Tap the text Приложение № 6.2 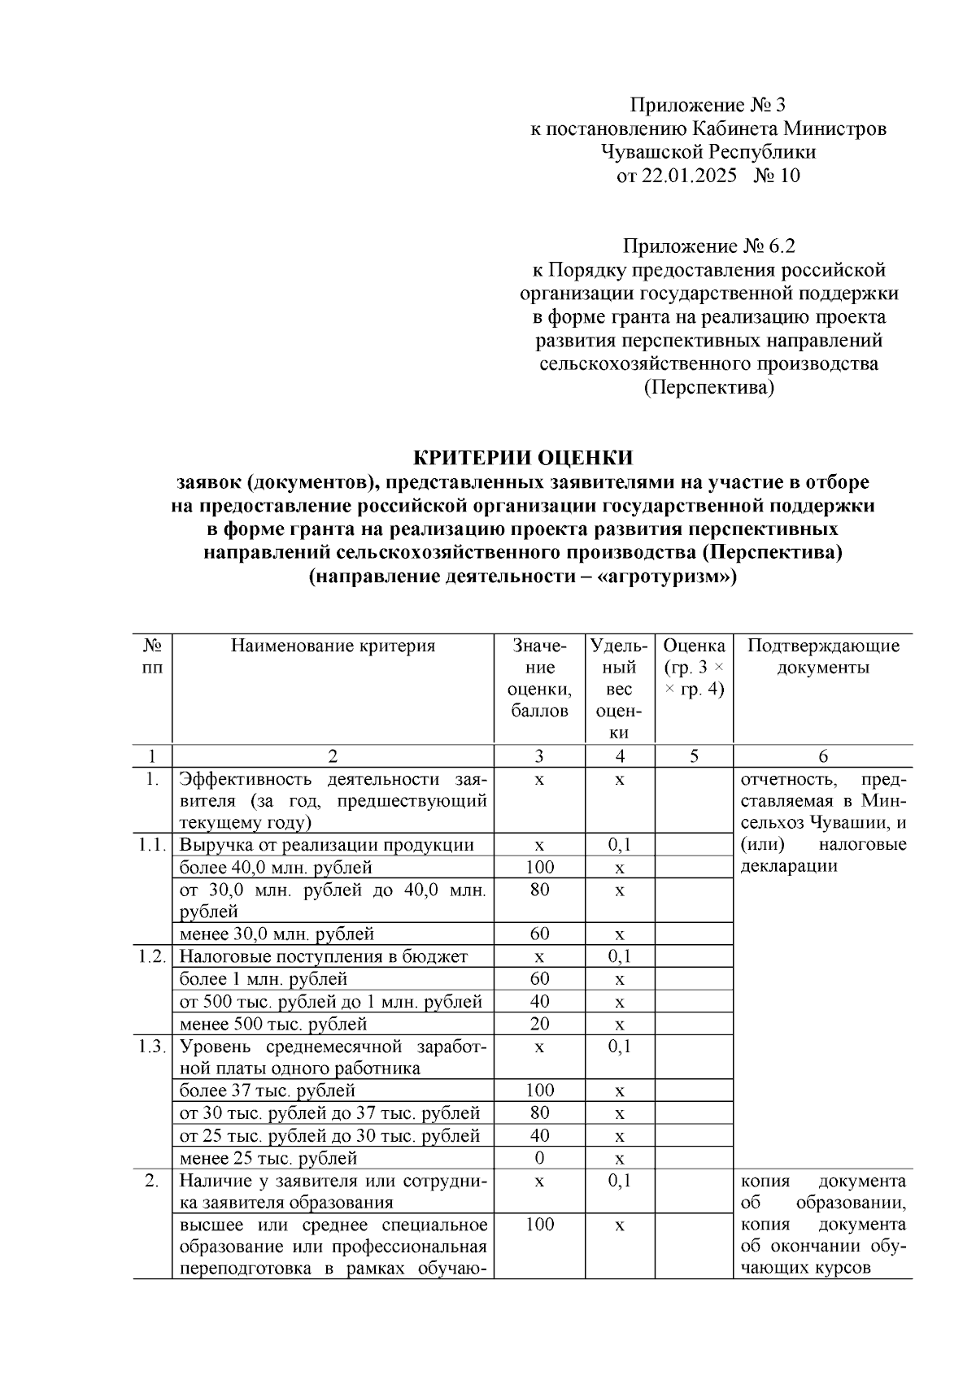click(708, 246)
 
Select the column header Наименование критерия click(333, 646)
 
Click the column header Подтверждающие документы click(823, 657)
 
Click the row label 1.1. click(151, 845)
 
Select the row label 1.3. click(151, 1047)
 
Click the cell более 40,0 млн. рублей click(276, 868)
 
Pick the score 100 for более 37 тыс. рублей click(539, 1091)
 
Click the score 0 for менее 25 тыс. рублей click(539, 1158)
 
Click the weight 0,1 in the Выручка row click(620, 845)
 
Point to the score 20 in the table click(539, 1024)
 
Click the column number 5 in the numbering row click(694, 756)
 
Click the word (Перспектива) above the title click(708, 388)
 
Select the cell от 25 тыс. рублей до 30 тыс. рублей click(329, 1136)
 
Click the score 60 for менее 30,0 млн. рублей click(539, 934)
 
